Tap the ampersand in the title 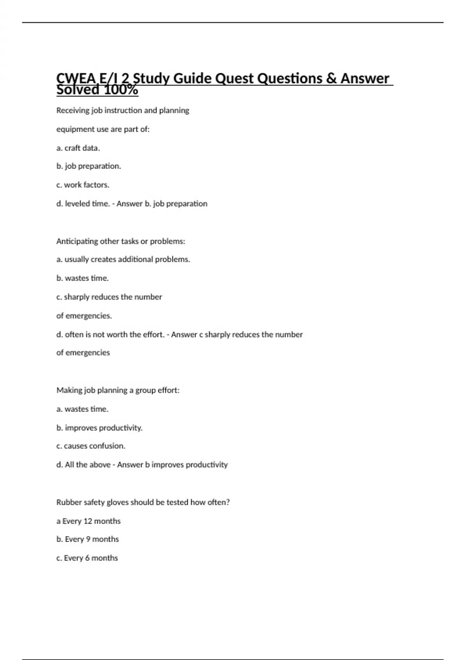pyautogui.click(x=331, y=79)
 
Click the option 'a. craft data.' pyautogui.click(x=78, y=148)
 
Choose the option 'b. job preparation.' pyautogui.click(x=89, y=166)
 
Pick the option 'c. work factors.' pyautogui.click(x=83, y=185)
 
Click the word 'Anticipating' pyautogui.click(x=77, y=241)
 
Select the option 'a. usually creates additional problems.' pyautogui.click(x=123, y=259)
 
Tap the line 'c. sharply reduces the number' pyautogui.click(x=109, y=297)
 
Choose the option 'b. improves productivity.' pyautogui.click(x=99, y=428)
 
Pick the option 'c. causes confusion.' pyautogui.click(x=91, y=446)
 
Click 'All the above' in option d pyautogui.click(x=87, y=465)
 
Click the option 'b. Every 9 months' pyautogui.click(x=87, y=539)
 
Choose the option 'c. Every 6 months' pyautogui.click(x=87, y=558)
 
